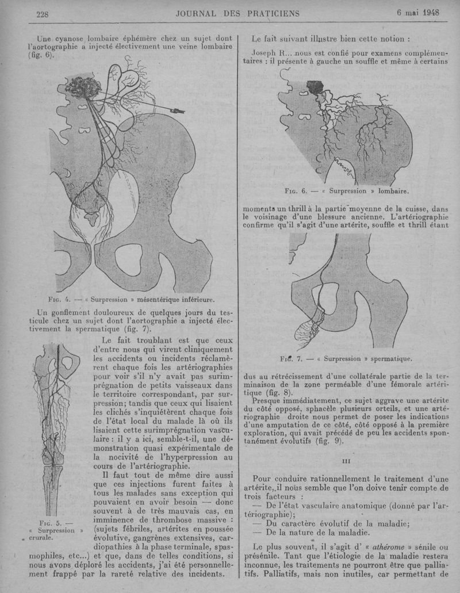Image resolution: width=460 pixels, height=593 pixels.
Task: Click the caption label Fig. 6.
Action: coord(296,192)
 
